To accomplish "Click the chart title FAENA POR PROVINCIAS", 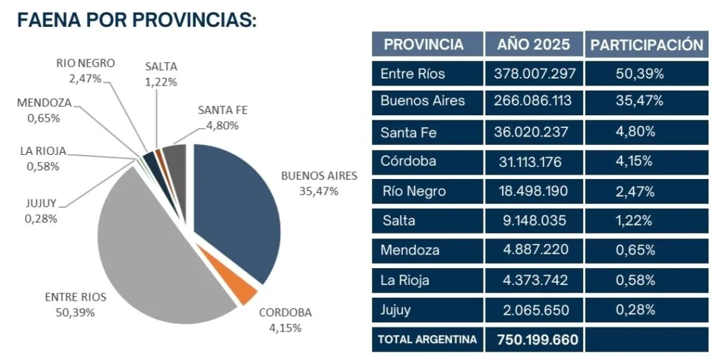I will pos(136,21).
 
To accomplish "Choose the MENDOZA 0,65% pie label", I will pos(44,110).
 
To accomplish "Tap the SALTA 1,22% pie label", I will pos(161,73).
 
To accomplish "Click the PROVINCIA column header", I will pos(424,45).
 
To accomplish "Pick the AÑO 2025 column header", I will pos(533,45).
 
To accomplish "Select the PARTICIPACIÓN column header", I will pos(647,45).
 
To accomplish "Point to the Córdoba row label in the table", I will pos(408,161).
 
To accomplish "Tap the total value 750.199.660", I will pos(537,339).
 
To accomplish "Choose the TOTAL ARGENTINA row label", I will pos(427,339).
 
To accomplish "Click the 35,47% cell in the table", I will pos(640,100).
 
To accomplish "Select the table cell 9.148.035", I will pos(533,221).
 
